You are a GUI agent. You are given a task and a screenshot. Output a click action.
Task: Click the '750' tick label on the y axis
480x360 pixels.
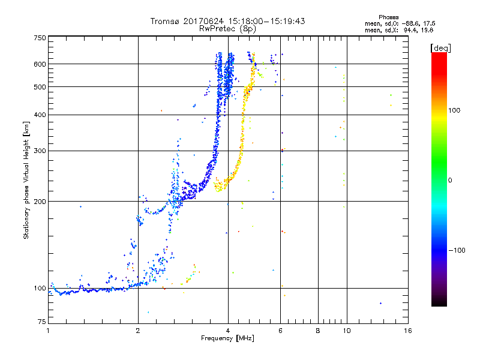[40, 38]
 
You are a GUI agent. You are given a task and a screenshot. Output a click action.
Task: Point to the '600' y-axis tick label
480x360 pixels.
[40, 64]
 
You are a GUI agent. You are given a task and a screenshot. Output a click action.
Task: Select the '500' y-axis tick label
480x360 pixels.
[40, 87]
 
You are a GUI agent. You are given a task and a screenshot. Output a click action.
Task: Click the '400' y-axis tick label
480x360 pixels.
[40, 115]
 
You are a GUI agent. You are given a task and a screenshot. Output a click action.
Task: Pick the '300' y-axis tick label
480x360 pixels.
[40, 151]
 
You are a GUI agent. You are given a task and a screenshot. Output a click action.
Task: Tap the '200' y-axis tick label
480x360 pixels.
[40, 202]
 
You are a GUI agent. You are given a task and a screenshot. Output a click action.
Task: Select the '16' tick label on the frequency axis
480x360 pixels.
[407, 331]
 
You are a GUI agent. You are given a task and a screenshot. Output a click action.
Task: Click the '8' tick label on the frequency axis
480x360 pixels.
[318, 331]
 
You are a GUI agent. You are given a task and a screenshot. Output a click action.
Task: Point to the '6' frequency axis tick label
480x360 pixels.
[281, 331]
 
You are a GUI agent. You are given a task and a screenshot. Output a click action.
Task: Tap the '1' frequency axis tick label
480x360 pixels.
[48, 331]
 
